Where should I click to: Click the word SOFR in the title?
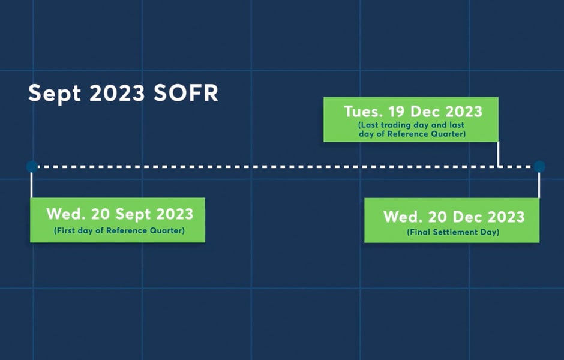pos(186,93)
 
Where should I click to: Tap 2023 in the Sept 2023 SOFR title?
pos(117,93)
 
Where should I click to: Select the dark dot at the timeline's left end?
pos(32,167)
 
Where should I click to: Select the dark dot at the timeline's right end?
pos(539,167)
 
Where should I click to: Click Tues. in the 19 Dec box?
pos(364,112)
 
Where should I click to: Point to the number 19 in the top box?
pos(397,112)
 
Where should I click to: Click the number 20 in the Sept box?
pos(100,214)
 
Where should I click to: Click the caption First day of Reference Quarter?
pos(119,230)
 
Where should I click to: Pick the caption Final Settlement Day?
pos(453,232)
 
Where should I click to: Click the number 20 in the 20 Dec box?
pos(437,217)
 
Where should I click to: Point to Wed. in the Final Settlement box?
pos(403,217)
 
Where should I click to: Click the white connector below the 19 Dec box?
pos(498,154)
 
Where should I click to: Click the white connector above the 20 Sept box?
pos(32,185)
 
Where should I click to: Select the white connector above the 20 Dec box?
pos(539,185)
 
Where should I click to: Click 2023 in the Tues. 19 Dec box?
pos(464,112)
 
